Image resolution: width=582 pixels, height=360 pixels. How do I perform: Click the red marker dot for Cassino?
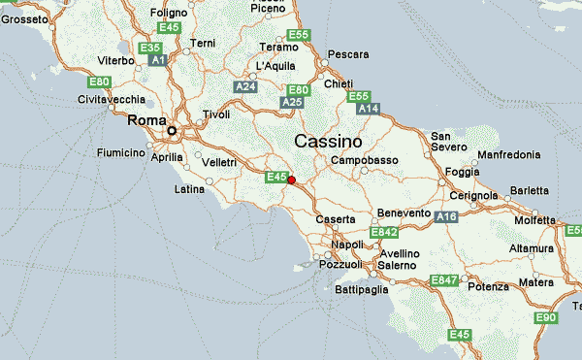[291, 180]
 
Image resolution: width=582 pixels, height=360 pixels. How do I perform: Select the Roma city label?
[146, 120]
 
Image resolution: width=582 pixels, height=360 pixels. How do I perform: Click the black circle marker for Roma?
[173, 130]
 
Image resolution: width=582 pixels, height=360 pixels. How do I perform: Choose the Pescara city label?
[349, 54]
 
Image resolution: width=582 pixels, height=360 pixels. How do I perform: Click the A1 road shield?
[158, 61]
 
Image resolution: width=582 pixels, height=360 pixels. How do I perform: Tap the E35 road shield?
[150, 49]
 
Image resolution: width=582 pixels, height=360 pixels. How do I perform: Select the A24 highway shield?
[244, 86]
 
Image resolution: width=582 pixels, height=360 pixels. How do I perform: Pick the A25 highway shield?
[292, 102]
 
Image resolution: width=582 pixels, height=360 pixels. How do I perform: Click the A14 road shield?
[368, 110]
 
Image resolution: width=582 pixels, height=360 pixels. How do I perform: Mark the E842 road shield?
[384, 232]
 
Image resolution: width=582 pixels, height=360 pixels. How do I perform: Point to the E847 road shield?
[444, 280]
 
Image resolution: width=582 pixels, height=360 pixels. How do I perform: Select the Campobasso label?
[365, 160]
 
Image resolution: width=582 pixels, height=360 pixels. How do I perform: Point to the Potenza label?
[488, 287]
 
